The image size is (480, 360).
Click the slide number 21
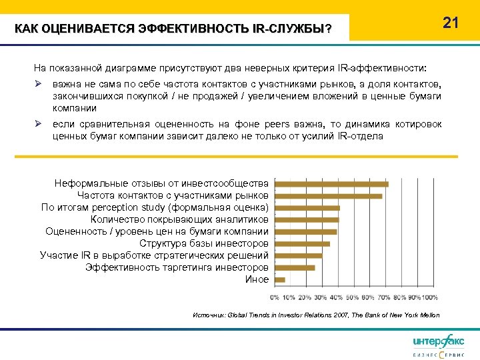451,23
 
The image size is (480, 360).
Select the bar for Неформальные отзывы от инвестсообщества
331,183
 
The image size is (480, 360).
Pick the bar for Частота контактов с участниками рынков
328,195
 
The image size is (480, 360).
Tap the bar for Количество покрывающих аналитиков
307,219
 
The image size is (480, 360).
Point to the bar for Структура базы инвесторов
302,243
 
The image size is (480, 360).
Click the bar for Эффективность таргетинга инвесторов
295,267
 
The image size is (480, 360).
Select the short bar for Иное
280,279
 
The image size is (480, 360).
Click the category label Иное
257,279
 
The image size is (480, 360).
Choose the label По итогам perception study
155,207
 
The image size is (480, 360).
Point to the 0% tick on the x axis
275,297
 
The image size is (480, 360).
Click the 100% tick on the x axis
429,297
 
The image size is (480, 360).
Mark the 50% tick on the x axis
352,297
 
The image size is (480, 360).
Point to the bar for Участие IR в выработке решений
298,255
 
